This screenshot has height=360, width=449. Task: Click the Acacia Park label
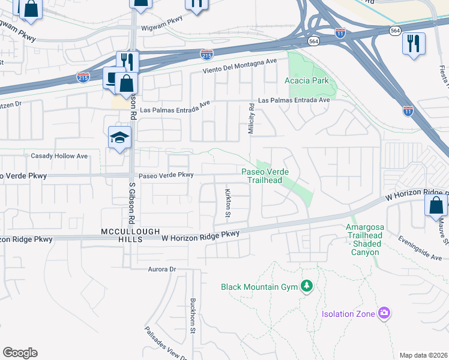tap(307, 80)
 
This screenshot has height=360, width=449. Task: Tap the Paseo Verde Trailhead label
tap(265, 176)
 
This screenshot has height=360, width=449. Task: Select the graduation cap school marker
tap(119, 137)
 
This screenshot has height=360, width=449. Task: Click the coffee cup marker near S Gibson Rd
tap(113, 78)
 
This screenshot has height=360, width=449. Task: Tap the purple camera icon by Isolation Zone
tap(384, 313)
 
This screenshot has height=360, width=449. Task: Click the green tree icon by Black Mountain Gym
tap(307, 286)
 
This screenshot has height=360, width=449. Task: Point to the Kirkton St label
tap(228, 203)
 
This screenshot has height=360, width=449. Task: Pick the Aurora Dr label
tap(161, 269)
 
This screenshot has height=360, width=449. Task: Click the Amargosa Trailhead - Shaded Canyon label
tap(363, 239)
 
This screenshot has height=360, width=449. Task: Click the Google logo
tap(20, 353)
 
